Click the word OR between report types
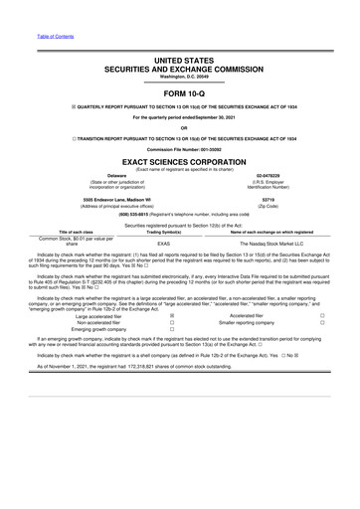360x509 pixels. pos(180,126)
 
